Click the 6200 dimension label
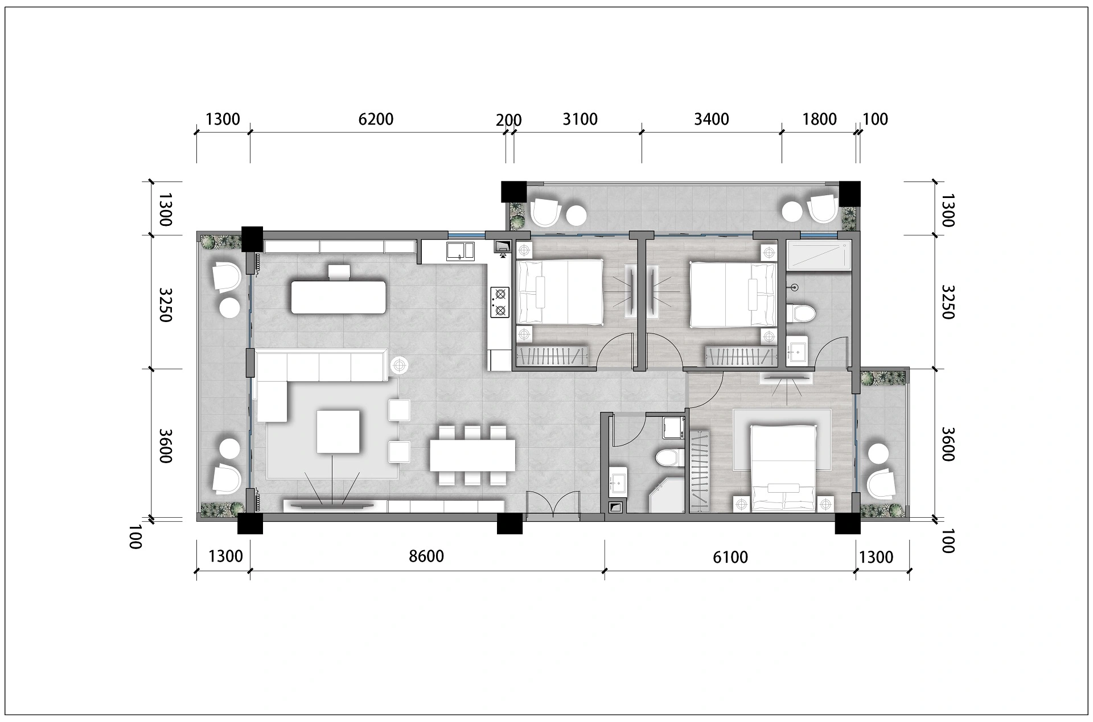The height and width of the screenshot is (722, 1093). (376, 119)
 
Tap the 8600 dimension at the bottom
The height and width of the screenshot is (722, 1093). (426, 556)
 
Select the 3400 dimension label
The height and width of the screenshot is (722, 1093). (712, 119)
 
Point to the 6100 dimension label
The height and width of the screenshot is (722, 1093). (730, 556)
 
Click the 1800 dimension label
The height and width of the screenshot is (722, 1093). (820, 119)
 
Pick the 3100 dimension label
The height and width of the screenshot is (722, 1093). (580, 119)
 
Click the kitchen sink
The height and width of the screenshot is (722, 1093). (461, 250)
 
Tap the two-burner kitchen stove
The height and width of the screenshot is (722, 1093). (500, 302)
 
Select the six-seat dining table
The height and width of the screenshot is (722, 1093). (472, 455)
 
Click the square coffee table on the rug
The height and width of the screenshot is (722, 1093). (339, 431)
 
